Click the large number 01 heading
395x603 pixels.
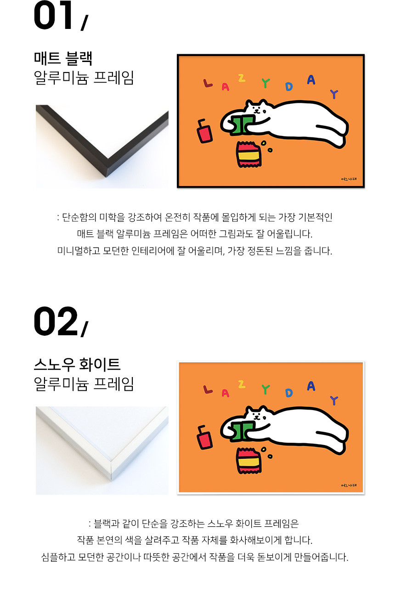(x=53, y=15)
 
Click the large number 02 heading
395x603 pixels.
(x=56, y=321)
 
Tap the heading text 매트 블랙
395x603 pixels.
(x=63, y=58)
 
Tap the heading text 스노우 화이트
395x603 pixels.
(x=77, y=365)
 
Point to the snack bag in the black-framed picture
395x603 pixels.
(x=248, y=154)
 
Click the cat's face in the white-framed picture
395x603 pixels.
(x=257, y=415)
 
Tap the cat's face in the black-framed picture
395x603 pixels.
(x=257, y=109)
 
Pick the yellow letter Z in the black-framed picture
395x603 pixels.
(x=242, y=78)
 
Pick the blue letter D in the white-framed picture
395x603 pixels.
(x=289, y=393)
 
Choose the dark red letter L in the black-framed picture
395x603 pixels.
(x=208, y=83)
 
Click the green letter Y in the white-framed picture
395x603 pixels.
(x=266, y=389)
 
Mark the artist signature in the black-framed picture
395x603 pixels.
(x=349, y=179)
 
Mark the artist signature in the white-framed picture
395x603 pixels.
(x=349, y=485)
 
